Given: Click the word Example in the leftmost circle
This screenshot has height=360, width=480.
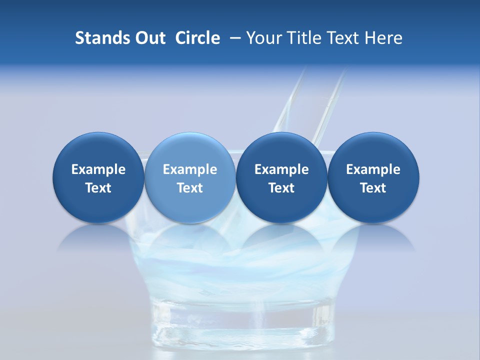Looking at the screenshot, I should [x=98, y=169].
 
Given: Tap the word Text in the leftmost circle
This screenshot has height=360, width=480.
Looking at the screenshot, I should [x=98, y=188].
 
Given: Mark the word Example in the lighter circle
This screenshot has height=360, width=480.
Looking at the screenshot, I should [x=190, y=169].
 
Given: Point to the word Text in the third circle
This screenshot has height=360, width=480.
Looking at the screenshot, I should [x=281, y=188].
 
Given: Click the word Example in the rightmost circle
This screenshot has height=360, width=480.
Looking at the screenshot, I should [x=373, y=169].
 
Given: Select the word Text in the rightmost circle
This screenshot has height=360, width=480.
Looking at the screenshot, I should [x=373, y=188].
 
